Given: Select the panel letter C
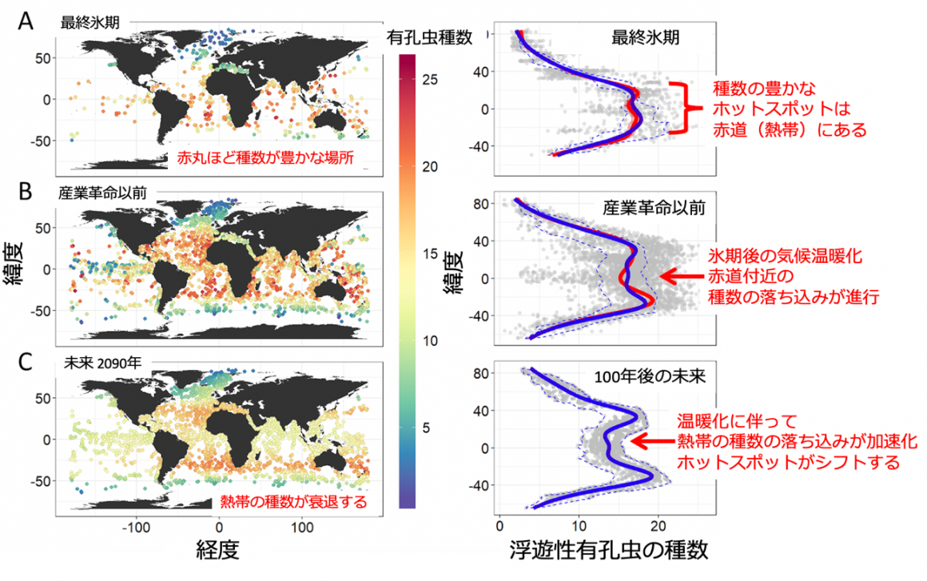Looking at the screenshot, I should point(26,361).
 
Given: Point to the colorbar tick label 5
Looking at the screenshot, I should point(427,428).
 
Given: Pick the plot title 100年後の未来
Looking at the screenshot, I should point(648,376).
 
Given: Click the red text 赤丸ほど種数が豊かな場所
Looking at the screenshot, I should point(265,159).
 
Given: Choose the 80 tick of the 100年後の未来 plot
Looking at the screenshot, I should point(482,372).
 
